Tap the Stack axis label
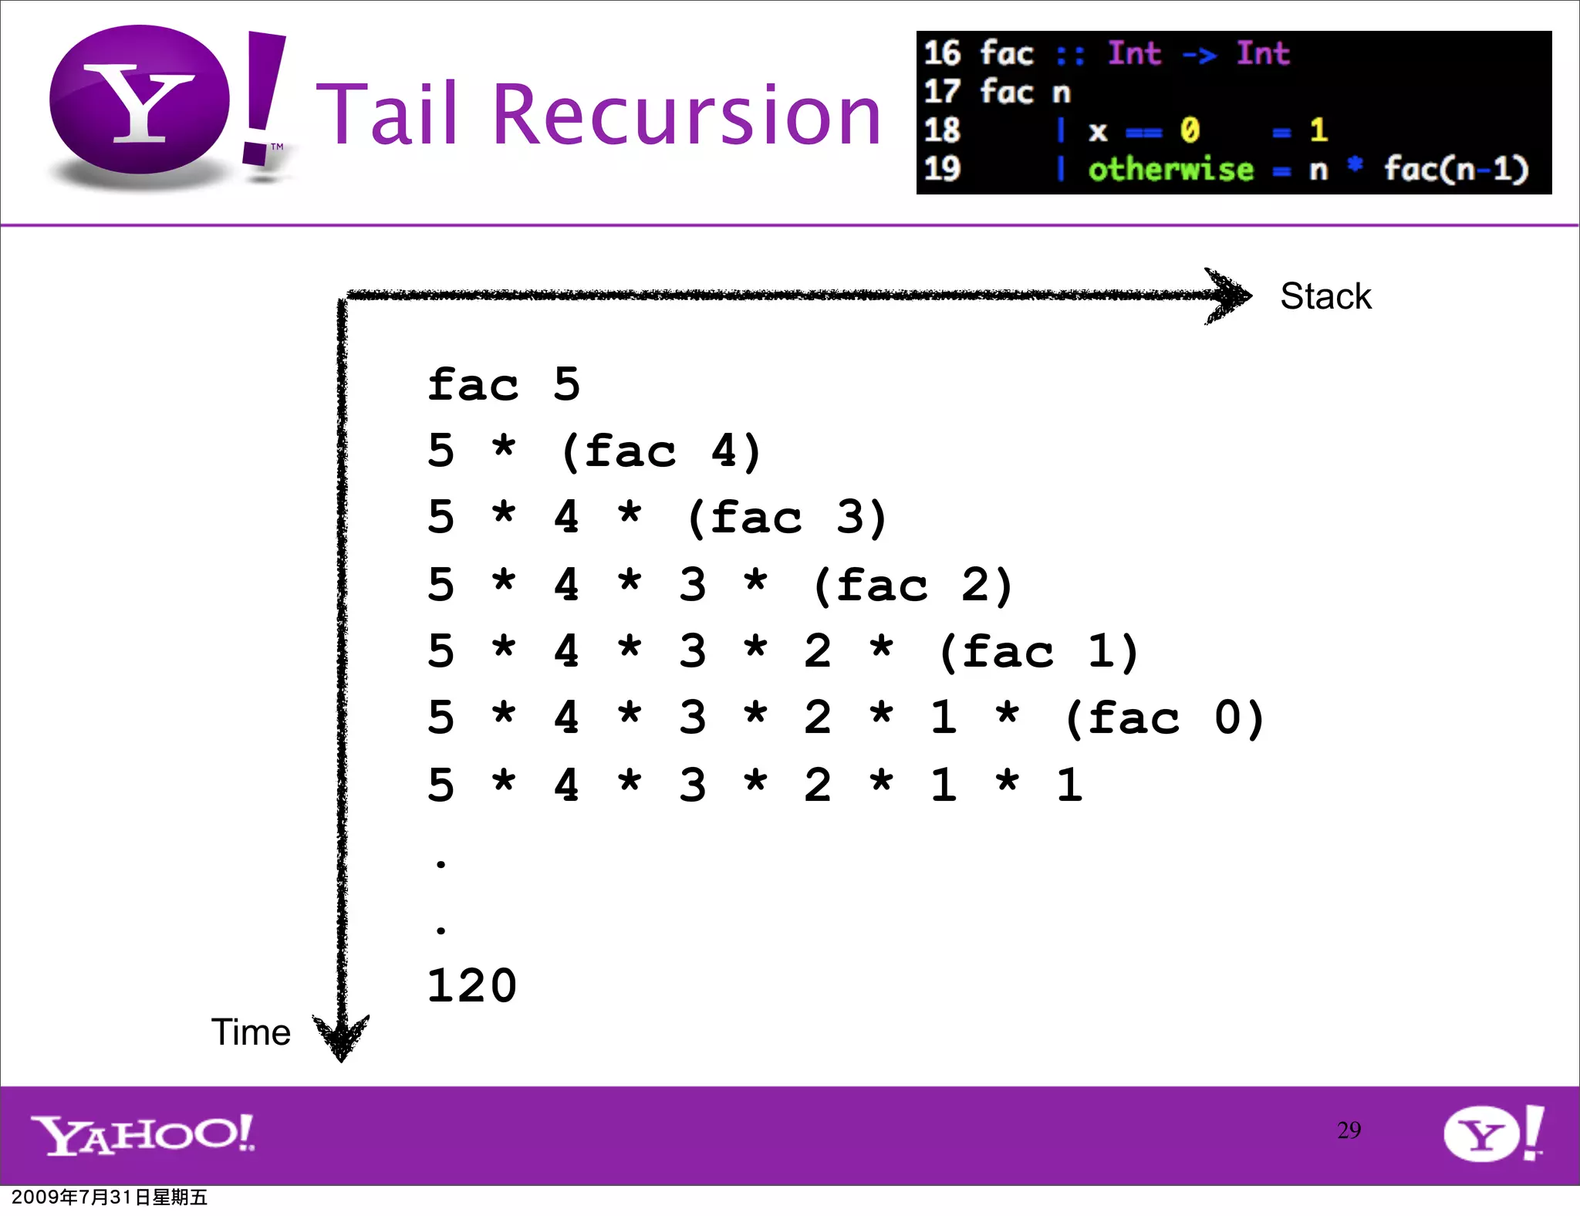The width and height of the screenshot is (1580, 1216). click(1325, 296)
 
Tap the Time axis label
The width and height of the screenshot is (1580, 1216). click(251, 1032)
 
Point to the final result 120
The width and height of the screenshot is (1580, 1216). click(471, 986)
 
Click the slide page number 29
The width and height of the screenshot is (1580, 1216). click(1349, 1130)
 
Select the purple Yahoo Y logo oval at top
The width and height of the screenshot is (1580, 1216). click(140, 100)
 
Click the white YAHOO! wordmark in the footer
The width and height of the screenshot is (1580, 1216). click(143, 1135)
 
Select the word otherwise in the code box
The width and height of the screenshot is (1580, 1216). click(1170, 170)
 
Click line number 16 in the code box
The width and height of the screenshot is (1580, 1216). click(942, 53)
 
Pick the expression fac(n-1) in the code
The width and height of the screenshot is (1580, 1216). click(1455, 170)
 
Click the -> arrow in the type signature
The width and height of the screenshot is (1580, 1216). click(1199, 54)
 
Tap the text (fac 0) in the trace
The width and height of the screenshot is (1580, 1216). click(1163, 718)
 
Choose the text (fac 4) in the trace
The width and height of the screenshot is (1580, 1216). click(661, 451)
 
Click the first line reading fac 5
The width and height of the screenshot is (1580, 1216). click(503, 384)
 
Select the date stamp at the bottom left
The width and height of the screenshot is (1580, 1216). click(110, 1197)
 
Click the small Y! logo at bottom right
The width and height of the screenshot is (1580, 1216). click(1494, 1133)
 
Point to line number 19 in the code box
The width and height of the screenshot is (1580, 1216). click(942, 169)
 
